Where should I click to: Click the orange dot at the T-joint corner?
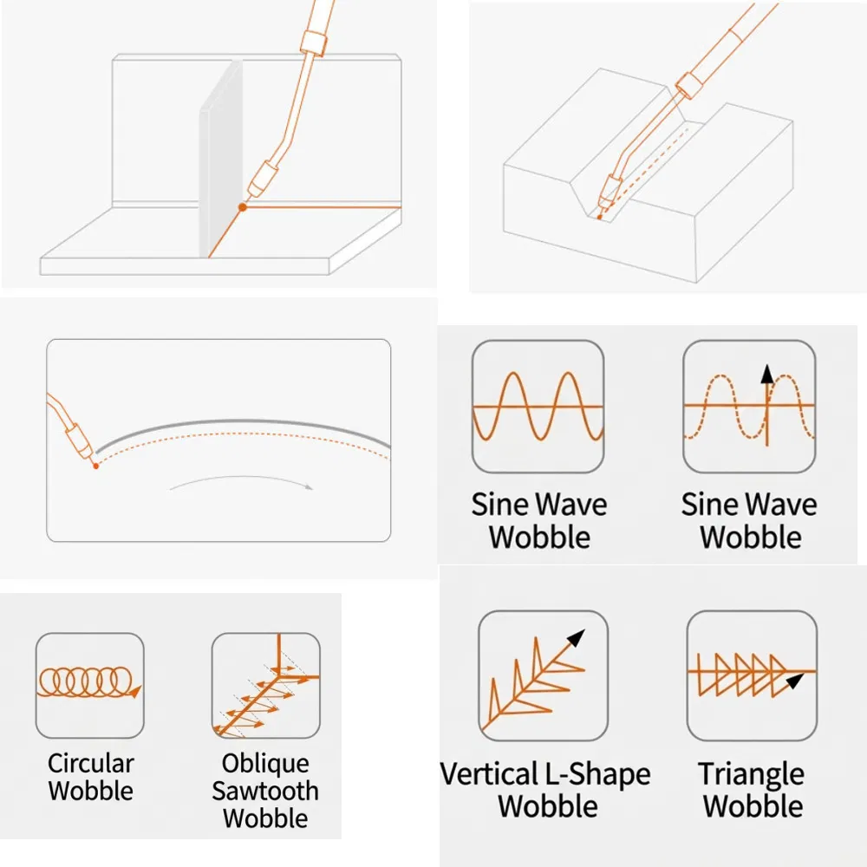pos(242,207)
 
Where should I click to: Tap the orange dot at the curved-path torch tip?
pos(95,466)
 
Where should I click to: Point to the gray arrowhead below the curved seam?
pos(310,487)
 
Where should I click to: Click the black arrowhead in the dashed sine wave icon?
pos(767,375)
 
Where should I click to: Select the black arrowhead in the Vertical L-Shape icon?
pos(577,637)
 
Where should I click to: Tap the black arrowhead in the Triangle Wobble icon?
pos(794,681)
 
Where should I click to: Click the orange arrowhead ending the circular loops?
pos(135,691)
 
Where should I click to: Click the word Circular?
pos(91,764)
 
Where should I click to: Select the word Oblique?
pos(265,764)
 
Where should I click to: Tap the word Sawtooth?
pos(265,792)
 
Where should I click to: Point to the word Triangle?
pos(752,774)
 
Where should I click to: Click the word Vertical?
pos(489,773)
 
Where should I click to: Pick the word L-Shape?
pos(597,774)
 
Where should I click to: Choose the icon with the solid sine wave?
pos(538,407)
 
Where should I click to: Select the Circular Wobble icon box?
pos(90,686)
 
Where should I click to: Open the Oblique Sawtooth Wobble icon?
pos(266,686)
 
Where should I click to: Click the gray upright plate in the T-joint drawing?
pos(220,160)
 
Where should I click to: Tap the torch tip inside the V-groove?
pos(601,217)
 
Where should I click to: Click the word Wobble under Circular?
pos(91,791)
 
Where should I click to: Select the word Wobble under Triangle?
pos(753,806)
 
